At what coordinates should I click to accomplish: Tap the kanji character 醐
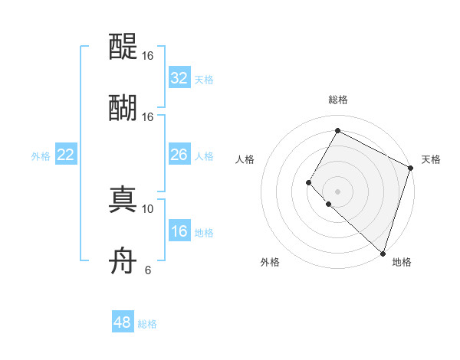(x=123, y=108)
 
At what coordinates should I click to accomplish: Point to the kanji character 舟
(x=123, y=262)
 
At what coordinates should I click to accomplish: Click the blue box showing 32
(x=179, y=78)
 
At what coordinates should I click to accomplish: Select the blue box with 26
(x=179, y=155)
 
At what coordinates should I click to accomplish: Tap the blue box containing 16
(x=179, y=231)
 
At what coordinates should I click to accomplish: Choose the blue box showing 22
(x=65, y=155)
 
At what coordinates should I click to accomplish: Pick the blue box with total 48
(x=123, y=322)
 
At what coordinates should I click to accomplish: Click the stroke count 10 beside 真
(x=147, y=208)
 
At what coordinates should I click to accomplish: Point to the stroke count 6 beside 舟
(x=147, y=270)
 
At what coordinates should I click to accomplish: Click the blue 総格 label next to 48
(x=147, y=324)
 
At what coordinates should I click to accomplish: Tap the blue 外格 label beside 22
(x=41, y=156)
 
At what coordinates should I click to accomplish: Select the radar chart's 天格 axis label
(x=431, y=159)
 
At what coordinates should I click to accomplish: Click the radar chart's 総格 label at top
(x=337, y=100)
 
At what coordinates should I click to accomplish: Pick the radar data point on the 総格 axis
(x=337, y=130)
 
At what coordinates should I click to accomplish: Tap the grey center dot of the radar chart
(x=337, y=191)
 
